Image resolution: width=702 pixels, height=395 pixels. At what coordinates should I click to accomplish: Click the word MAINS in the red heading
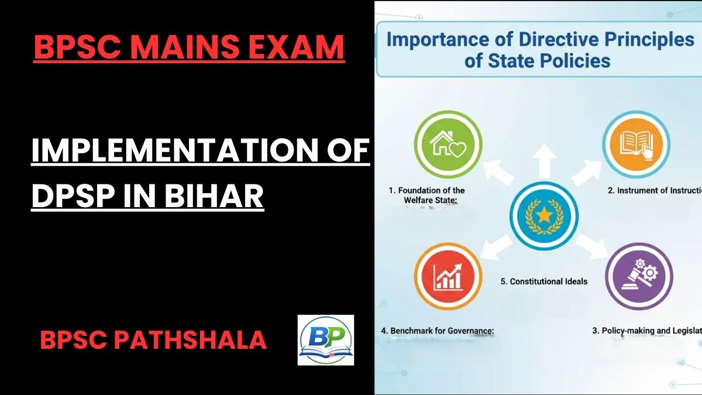183,47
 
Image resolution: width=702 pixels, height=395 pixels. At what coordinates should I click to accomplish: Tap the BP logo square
325,340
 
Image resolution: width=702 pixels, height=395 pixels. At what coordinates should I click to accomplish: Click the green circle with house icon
448,145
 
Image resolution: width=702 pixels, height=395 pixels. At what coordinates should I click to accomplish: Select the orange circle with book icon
636,145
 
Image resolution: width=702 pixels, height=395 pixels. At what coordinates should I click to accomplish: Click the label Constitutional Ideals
544,281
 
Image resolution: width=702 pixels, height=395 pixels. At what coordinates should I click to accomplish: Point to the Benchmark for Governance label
438,331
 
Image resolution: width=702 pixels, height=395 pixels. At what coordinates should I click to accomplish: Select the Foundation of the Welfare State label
427,195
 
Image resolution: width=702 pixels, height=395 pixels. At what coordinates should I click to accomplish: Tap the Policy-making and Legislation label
647,331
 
